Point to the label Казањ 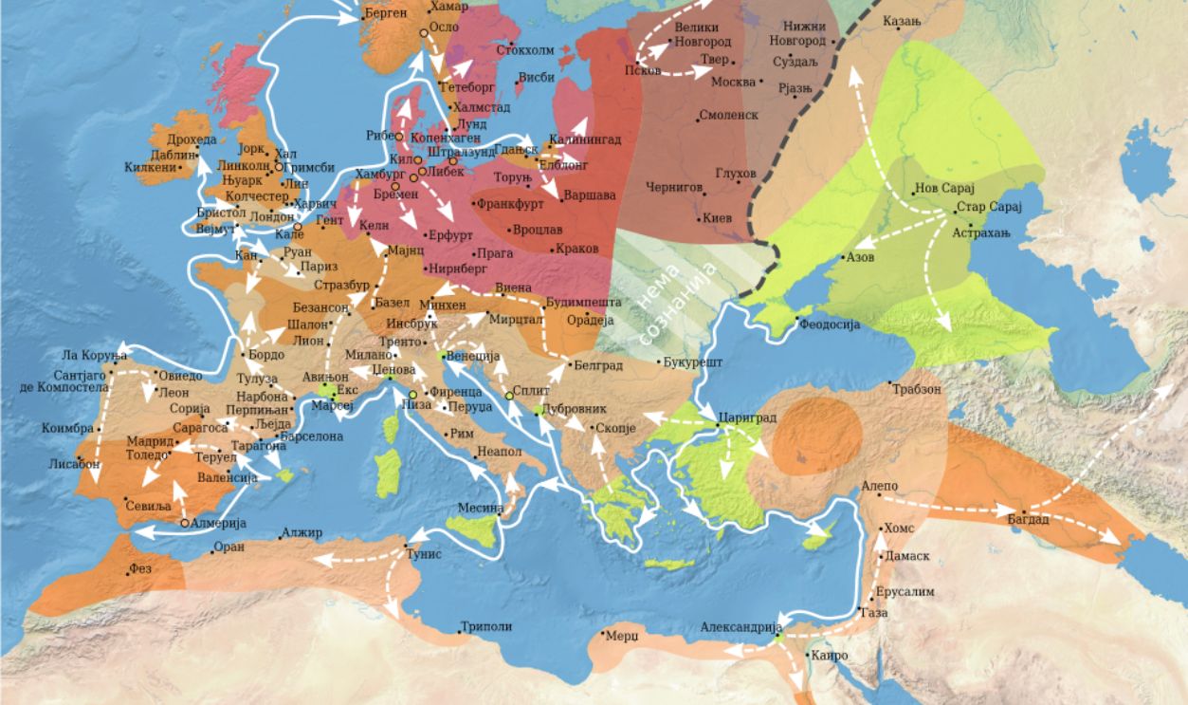902,21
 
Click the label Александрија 740,627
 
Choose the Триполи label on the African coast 485,626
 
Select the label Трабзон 915,389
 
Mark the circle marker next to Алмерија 183,523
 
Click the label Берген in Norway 385,13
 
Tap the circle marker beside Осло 423,33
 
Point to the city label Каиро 830,656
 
